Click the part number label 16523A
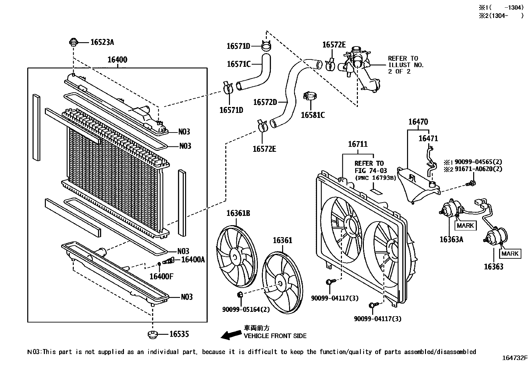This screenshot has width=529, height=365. [102, 42]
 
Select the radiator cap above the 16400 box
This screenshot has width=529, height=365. [73, 42]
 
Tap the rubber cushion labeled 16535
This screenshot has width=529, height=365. [153, 334]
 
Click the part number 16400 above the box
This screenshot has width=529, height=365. [117, 60]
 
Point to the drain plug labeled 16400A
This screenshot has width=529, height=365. [169, 261]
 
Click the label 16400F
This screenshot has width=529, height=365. [161, 276]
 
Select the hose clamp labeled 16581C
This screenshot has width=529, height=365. [311, 97]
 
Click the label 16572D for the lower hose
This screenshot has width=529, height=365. [265, 102]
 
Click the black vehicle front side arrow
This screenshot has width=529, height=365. [231, 335]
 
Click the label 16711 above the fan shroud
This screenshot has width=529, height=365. [358, 144]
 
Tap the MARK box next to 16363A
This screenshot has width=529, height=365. [465, 226]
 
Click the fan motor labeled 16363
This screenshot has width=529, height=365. [495, 236]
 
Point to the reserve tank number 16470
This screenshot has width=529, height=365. [418, 122]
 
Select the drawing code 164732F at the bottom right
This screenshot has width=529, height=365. [515, 358]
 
